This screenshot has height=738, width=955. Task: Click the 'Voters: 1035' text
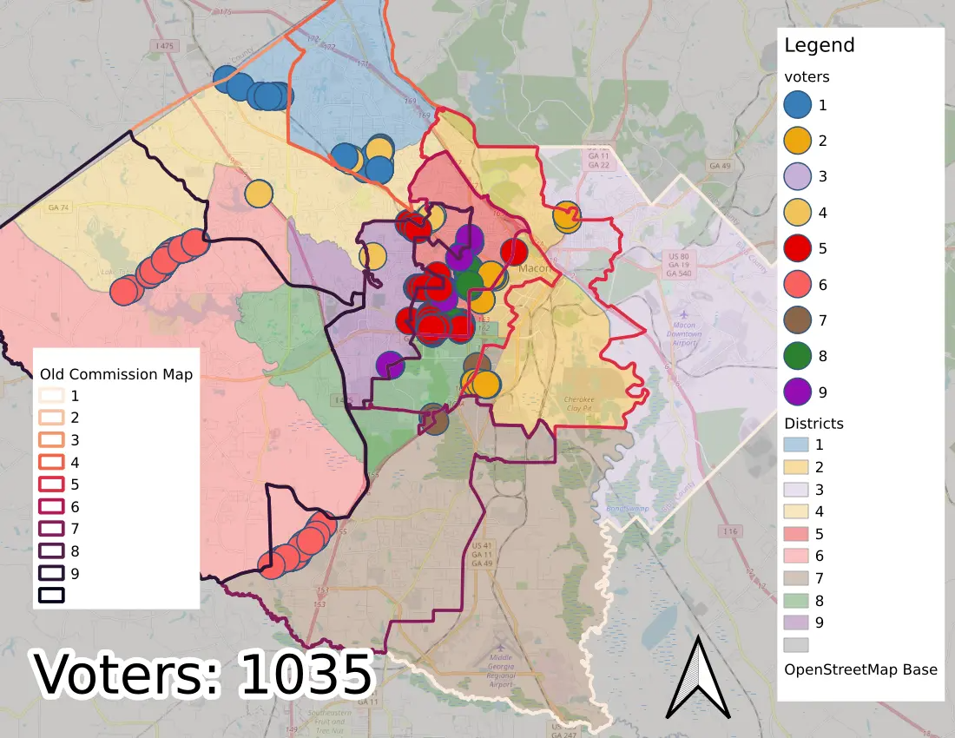pyautogui.click(x=203, y=674)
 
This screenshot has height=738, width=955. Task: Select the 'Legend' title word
pyautogui.click(x=819, y=46)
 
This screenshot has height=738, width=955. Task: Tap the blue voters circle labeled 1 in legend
pyautogui.click(x=796, y=105)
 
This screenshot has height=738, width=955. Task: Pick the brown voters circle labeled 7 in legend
pyautogui.click(x=796, y=320)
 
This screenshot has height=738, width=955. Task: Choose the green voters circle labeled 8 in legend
pyautogui.click(x=796, y=356)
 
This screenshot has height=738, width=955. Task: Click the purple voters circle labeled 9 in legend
pyautogui.click(x=796, y=392)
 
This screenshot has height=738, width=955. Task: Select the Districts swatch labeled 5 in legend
pyautogui.click(x=796, y=534)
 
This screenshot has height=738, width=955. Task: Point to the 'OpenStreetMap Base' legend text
pyautogui.click(x=859, y=669)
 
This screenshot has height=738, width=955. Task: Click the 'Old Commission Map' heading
pyautogui.click(x=116, y=374)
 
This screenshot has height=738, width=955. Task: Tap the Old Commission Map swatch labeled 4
pyautogui.click(x=51, y=461)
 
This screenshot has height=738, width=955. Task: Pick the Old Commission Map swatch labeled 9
pyautogui.click(x=51, y=573)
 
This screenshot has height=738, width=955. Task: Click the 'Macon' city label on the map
pyautogui.click(x=535, y=268)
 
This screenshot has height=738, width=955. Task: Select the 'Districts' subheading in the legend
pyautogui.click(x=813, y=424)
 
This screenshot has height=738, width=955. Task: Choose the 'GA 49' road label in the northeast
pyautogui.click(x=720, y=165)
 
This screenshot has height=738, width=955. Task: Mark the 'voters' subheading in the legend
pyautogui.click(x=806, y=76)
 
